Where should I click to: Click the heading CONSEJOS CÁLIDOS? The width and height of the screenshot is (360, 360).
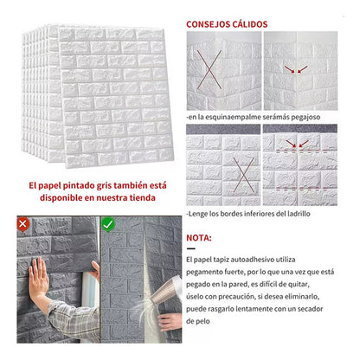[x=227, y=24]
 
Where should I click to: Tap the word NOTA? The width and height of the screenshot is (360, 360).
[x=199, y=238]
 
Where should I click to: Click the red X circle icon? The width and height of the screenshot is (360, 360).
[x=23, y=224]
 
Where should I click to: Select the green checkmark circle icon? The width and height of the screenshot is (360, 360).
[x=108, y=224]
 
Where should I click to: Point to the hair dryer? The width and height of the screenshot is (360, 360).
[x=166, y=290]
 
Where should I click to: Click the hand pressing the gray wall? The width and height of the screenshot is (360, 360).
[x=38, y=278]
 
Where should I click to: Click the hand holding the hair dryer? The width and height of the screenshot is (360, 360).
[x=170, y=321]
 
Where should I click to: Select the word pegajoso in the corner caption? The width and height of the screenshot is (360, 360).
[x=305, y=117]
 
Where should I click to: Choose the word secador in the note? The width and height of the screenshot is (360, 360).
[x=310, y=309]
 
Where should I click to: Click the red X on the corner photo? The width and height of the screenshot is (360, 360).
[x=209, y=69]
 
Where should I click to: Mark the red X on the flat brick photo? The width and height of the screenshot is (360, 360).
[x=244, y=175]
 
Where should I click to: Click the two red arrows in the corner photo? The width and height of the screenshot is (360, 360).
[x=296, y=69]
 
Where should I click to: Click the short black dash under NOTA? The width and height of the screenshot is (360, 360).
[x=191, y=248]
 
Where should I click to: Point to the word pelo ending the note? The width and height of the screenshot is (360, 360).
[x=202, y=321]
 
